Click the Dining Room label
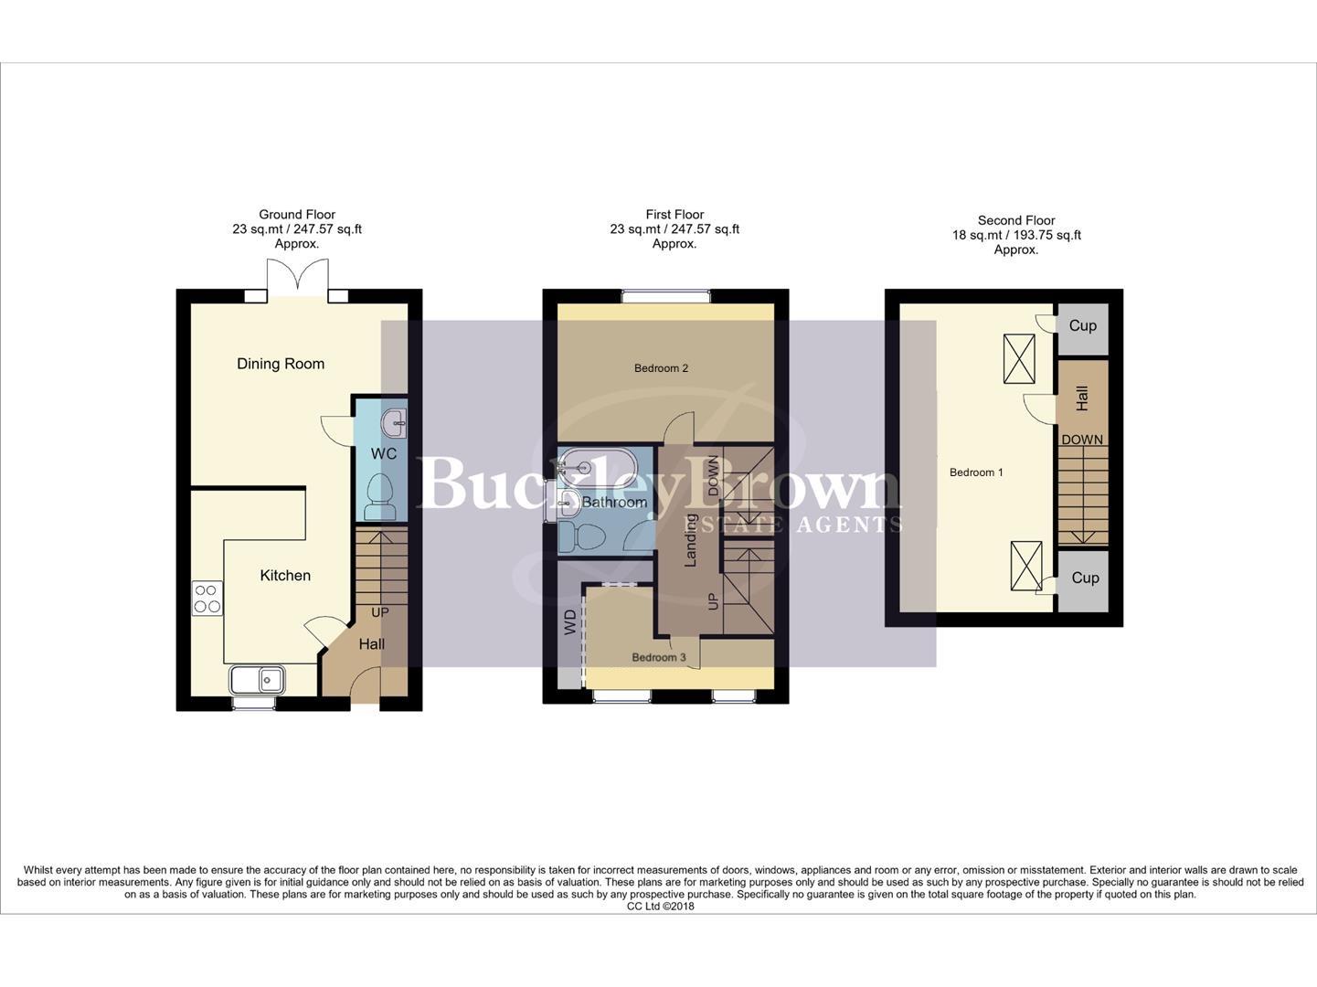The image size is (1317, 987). (x=281, y=364)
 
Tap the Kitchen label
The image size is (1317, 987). (x=285, y=576)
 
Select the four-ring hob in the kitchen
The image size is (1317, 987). (x=207, y=598)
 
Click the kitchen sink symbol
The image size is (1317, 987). (x=257, y=680)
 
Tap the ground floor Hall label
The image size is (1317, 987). (x=371, y=644)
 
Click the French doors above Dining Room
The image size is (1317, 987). (x=297, y=277)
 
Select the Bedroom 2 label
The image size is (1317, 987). (x=661, y=368)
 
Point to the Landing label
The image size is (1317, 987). (x=691, y=540)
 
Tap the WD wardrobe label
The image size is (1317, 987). (x=570, y=622)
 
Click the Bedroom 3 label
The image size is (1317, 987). (x=658, y=658)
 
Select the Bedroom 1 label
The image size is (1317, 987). (x=976, y=472)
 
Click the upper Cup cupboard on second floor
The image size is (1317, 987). (x=1083, y=326)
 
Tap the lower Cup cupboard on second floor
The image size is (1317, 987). (x=1085, y=578)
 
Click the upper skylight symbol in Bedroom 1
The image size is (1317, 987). (x=1019, y=359)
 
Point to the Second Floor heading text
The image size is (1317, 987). (x=1016, y=220)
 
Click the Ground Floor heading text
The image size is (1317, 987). (x=297, y=215)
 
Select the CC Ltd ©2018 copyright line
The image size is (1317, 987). (x=660, y=907)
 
